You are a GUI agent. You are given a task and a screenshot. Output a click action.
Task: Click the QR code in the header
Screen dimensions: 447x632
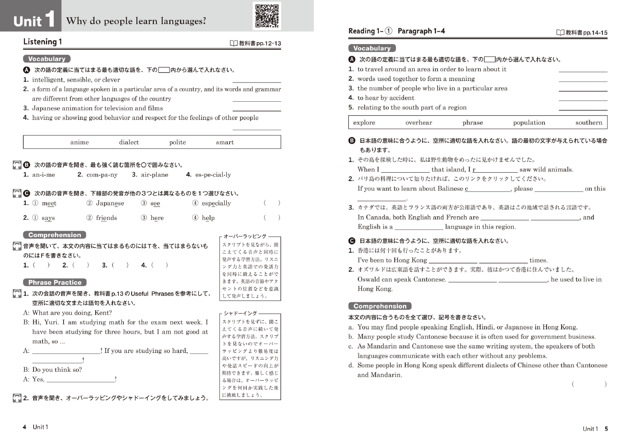pyautogui.click(x=267, y=16)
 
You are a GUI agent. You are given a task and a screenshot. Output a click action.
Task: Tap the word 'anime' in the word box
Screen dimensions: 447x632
pyautogui.click(x=80, y=142)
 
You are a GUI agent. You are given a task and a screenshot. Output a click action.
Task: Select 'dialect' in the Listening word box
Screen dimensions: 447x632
pyautogui.click(x=129, y=142)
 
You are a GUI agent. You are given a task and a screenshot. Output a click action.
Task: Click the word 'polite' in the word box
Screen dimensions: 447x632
pyautogui.click(x=177, y=142)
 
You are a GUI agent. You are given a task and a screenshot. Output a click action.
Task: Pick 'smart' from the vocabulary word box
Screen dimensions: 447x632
pyautogui.click(x=225, y=142)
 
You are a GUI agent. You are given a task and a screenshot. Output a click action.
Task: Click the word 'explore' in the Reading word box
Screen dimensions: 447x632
pyautogui.click(x=364, y=123)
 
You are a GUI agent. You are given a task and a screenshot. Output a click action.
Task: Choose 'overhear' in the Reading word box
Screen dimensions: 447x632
pyautogui.click(x=418, y=123)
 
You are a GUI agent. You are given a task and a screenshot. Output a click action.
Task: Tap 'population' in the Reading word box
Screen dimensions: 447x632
pyautogui.click(x=529, y=123)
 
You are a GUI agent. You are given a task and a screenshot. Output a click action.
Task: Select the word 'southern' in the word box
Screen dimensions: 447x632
pyautogui.click(x=588, y=123)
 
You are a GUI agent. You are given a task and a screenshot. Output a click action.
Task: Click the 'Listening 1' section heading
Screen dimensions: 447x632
pyautogui.click(x=42, y=42)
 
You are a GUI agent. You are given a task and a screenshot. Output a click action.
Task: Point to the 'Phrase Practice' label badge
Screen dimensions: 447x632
pyautogui.click(x=55, y=282)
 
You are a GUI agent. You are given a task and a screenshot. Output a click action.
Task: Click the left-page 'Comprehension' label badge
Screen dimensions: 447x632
pyautogui.click(x=54, y=235)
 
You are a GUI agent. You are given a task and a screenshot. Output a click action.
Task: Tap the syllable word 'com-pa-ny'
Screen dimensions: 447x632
pyautogui.click(x=102, y=175)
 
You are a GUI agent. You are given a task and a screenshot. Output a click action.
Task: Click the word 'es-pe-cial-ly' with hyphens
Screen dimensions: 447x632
pyautogui.click(x=213, y=175)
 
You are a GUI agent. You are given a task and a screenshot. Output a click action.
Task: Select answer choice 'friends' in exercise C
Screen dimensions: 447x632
pyautogui.click(x=106, y=218)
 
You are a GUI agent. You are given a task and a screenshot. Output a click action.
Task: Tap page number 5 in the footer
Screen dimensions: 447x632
pyautogui.click(x=606, y=429)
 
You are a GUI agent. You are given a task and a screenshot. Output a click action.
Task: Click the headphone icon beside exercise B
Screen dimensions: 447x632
pyautogui.click(x=17, y=165)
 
